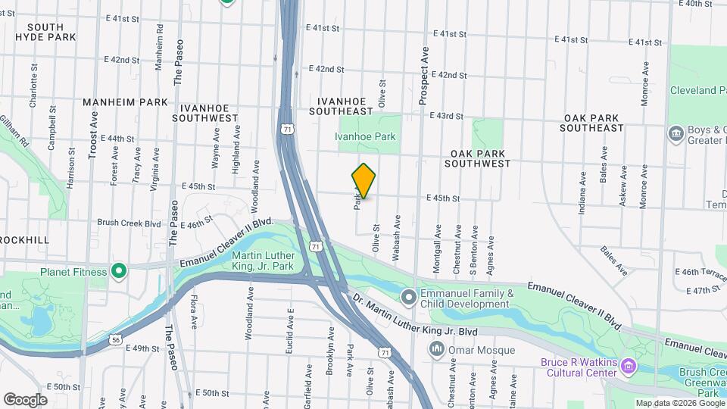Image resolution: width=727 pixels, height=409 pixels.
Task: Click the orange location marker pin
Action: tap(363, 181)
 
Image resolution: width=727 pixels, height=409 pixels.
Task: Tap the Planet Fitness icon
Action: tap(118, 270)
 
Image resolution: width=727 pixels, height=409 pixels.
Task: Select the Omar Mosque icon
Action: tap(436, 349)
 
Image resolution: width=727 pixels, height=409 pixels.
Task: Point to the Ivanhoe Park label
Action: tap(366, 137)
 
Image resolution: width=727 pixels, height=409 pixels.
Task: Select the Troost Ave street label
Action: tap(93, 136)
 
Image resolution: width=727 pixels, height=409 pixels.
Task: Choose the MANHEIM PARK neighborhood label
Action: tap(125, 102)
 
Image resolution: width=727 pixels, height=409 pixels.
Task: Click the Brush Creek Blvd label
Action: tap(129, 223)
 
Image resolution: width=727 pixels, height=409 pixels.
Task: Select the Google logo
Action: tap(25, 399)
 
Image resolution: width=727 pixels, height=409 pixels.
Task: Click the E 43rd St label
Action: tap(445, 116)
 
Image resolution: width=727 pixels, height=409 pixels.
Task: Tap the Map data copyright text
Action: tap(679, 403)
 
